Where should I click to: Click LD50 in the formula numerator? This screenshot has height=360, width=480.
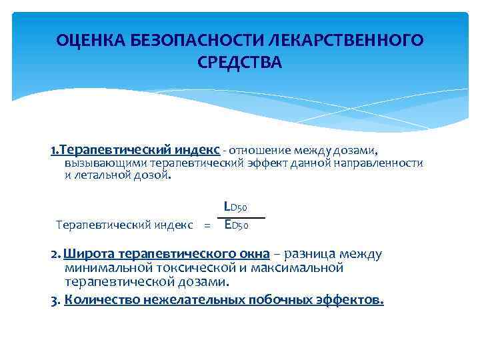(235, 209)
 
